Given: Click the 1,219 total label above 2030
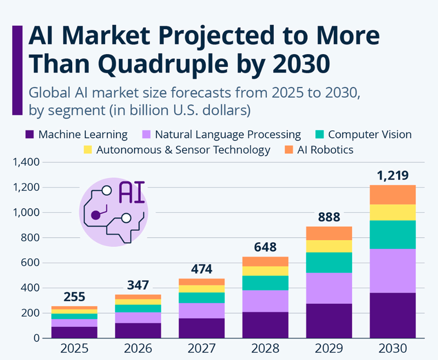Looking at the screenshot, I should tap(392, 176).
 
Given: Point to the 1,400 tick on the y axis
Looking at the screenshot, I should tap(25, 162).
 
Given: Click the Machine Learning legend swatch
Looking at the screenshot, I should tap(30, 135).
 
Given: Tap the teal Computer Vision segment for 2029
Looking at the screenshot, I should tap(329, 262).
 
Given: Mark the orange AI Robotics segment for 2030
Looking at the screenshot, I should tap(392, 194).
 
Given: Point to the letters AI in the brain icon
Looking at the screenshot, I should tap(132, 192).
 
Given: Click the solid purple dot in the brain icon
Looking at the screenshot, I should tap(95, 215).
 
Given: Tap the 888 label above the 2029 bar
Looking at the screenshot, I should tap(329, 217).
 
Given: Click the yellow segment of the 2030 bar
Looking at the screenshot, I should tap(392, 212).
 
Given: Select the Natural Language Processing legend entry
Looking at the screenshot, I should tap(227, 135).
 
